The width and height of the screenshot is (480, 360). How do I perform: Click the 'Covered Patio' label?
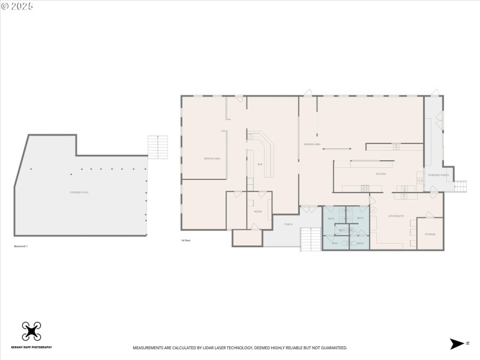click(79, 192)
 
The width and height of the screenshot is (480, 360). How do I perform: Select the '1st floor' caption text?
click(186, 240)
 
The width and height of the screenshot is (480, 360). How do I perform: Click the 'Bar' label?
click(260, 164)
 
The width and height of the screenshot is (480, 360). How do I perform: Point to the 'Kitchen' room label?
click(380, 174)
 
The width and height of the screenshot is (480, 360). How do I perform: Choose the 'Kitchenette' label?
click(396, 216)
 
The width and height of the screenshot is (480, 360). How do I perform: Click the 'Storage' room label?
click(430, 234)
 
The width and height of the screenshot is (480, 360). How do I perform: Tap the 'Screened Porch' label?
click(439, 175)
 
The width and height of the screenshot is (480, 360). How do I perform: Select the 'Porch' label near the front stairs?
click(288, 224)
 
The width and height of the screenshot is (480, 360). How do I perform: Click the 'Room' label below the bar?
click(258, 212)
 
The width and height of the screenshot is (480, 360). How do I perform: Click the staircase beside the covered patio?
click(158, 147)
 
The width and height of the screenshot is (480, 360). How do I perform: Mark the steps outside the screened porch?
click(460, 187)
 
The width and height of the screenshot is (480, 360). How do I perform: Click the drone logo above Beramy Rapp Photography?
click(31, 331)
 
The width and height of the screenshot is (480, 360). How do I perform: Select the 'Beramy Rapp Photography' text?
click(31, 347)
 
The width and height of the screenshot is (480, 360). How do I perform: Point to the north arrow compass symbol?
click(458, 343)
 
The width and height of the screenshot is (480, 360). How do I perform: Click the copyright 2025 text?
click(17, 6)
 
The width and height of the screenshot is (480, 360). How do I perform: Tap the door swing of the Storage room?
click(428, 214)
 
